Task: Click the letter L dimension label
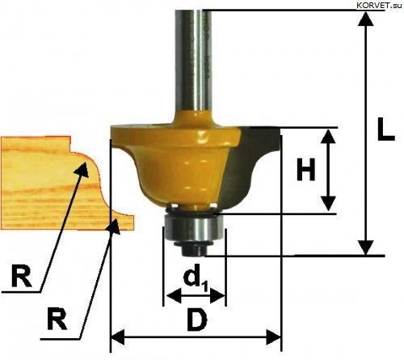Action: point(385,129)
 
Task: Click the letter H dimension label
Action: point(305,170)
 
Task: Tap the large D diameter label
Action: point(197,320)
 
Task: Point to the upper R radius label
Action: point(22,276)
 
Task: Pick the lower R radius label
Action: point(57,319)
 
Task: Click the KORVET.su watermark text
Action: point(379,6)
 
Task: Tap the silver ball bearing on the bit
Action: point(193,229)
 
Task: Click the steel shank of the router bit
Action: point(193,58)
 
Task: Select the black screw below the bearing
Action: point(193,248)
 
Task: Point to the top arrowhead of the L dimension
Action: point(366,19)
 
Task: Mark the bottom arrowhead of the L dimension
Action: point(366,248)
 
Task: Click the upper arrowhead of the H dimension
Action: point(328,136)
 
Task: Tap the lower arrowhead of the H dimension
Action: point(328,204)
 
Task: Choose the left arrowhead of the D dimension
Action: point(118,337)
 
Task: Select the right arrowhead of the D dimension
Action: point(273,337)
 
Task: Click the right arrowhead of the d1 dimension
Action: point(217,295)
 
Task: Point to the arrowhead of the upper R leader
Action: point(82,169)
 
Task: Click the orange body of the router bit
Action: point(175,162)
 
